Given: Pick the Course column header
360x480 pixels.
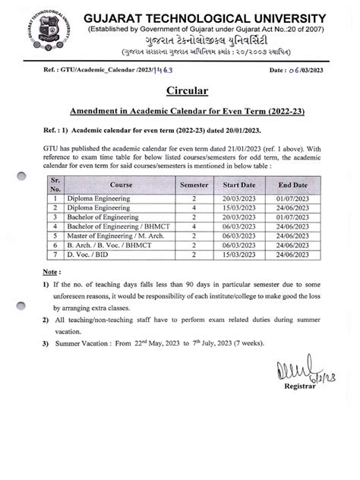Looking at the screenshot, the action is click(99, 185).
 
